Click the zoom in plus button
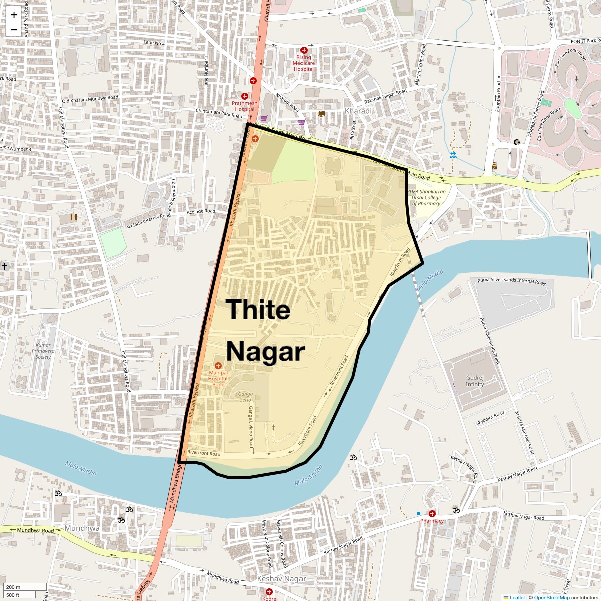14,14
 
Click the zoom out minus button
14,30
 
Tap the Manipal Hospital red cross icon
218,366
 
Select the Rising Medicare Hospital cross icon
304,50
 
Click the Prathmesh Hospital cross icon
245,96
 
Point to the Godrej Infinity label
475,381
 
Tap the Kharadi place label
358,111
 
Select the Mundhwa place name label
82,528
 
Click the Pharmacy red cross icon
432,513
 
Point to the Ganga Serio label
245,397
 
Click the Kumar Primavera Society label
43,351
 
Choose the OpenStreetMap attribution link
552,597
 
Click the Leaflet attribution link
517,597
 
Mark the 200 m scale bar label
14,587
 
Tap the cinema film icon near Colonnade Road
74,217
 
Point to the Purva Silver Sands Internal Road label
511,281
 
